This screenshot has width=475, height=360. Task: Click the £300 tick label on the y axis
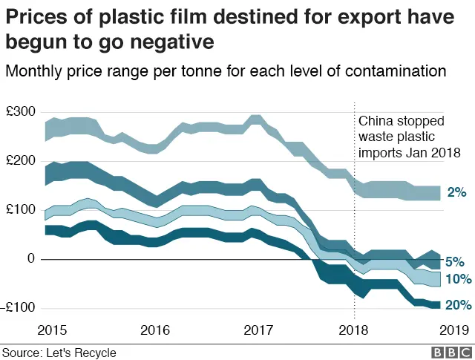click(x=20, y=112)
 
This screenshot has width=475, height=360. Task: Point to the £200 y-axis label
click(x=20, y=161)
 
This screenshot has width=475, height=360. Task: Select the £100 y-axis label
click(x=20, y=210)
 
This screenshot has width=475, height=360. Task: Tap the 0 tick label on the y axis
click(x=31, y=259)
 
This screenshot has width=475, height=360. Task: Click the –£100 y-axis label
click(x=18, y=308)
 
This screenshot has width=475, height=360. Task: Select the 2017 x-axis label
click(x=256, y=330)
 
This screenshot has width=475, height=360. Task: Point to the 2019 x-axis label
click(x=454, y=330)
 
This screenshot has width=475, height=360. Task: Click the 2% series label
click(x=456, y=193)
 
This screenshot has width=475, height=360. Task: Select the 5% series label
click(x=455, y=261)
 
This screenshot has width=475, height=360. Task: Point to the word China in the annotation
click(x=376, y=122)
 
